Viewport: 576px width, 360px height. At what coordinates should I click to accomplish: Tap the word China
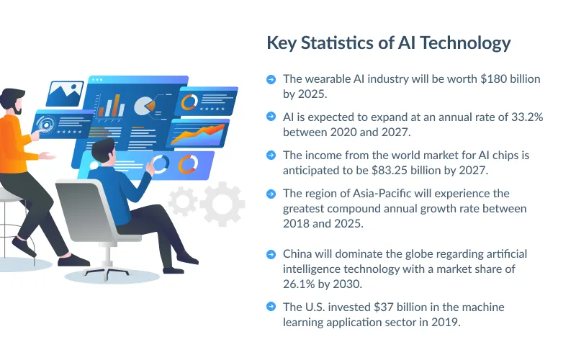coord(299,254)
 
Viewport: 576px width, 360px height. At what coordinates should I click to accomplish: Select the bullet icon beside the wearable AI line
coord(271,79)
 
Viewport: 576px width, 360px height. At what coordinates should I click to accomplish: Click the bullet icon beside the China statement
coord(271,254)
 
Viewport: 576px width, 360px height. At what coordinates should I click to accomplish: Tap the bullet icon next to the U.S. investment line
coord(271,307)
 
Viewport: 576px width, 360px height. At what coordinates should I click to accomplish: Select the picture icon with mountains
coord(66,92)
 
